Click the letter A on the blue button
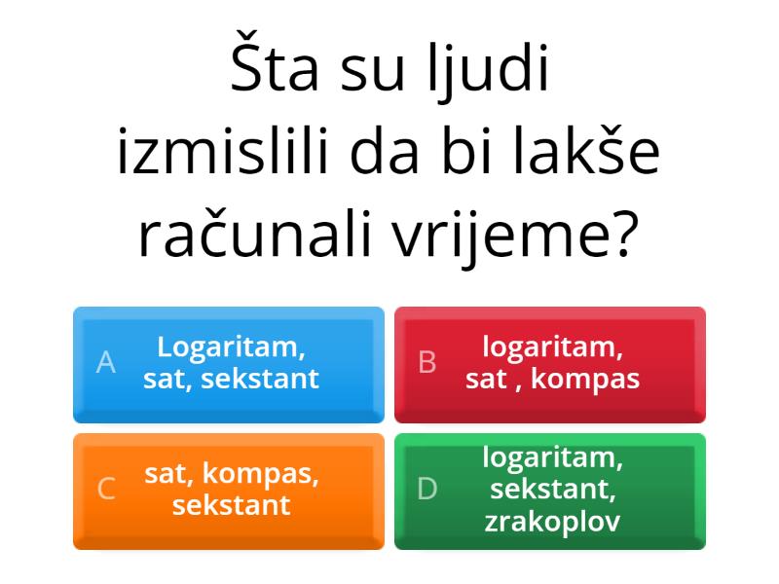click(x=106, y=363)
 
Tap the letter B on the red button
click(x=427, y=363)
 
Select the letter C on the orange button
click(x=106, y=490)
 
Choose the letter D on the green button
click(x=427, y=490)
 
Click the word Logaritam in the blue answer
click(x=231, y=347)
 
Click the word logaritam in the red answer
click(x=552, y=347)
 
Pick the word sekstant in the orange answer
click(x=231, y=505)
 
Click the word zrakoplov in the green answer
click(x=552, y=521)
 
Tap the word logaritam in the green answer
click(x=552, y=456)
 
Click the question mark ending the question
click(x=625, y=234)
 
